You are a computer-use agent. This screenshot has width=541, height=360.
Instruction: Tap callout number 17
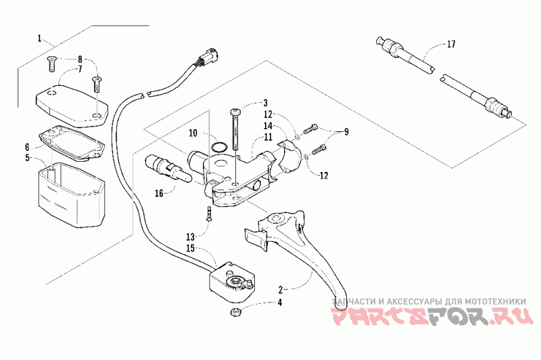451,45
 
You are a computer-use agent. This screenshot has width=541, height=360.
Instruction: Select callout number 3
265,103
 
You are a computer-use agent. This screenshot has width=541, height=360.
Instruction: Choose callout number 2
280,289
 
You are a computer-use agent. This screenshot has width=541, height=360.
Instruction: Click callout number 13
191,235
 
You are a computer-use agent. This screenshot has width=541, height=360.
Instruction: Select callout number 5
28,158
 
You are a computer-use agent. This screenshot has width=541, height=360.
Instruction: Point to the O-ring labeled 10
218,146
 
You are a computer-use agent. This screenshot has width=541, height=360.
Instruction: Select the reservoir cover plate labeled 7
70,102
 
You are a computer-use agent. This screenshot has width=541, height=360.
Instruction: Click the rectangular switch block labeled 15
231,284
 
